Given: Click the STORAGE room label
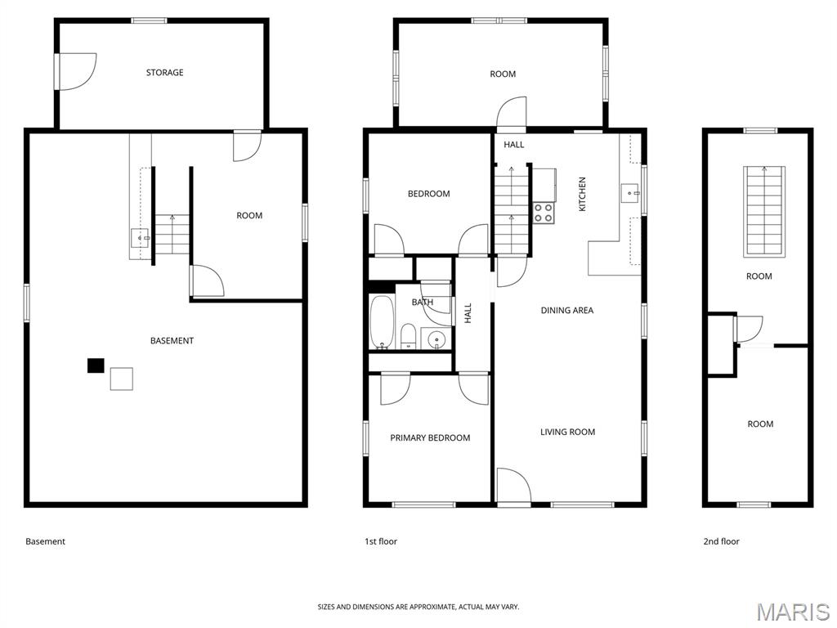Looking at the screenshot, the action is coord(164,72).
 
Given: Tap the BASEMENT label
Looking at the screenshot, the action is coord(172,340).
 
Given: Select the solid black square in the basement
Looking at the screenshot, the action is coord(96,366).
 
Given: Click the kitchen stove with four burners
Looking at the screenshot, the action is coord(544,213).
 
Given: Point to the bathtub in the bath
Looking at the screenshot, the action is coord(382,321).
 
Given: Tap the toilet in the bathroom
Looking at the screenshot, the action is coord(409,335).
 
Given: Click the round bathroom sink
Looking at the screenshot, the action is coord(437,339).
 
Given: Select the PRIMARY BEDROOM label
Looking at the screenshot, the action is coord(430,438).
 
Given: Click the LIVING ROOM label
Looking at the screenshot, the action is coord(567,432).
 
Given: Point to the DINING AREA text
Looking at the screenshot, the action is coord(567,310).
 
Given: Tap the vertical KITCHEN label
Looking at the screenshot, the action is coord(582,194).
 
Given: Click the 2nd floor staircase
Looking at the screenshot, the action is coord(764,212).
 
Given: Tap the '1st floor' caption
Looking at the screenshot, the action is coord(381,541).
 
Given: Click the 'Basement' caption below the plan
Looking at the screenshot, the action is coord(46,541).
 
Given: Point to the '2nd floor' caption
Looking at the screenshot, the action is coord(721,541).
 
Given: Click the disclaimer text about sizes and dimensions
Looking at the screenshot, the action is coord(418,607).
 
